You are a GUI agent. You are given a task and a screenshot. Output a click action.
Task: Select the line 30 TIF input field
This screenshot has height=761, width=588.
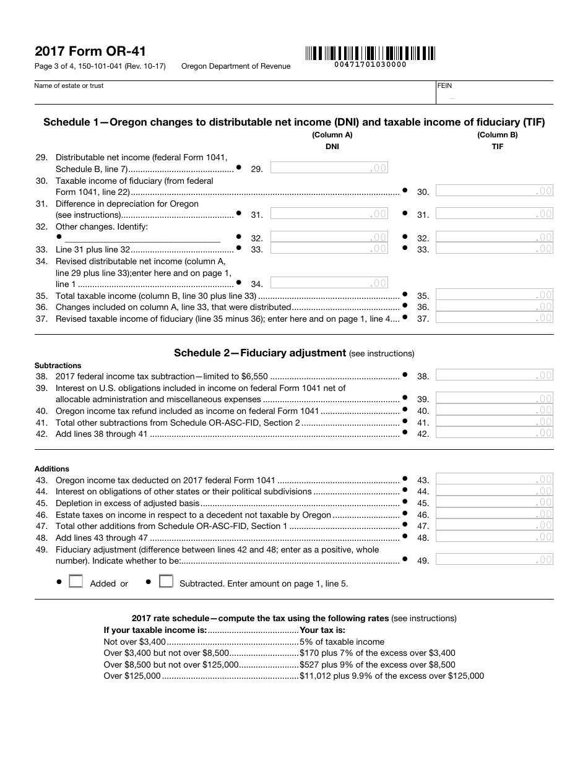point(494,191)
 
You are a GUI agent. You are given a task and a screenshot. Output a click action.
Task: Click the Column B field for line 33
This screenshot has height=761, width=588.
point(494,249)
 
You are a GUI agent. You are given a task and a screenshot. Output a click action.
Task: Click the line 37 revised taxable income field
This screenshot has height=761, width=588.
point(494,318)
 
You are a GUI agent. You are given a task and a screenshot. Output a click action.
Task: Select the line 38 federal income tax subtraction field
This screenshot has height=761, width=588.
point(494,375)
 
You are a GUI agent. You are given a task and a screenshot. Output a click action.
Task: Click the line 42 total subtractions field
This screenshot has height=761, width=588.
point(494,433)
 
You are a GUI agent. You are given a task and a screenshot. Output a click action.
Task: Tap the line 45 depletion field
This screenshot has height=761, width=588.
point(494,502)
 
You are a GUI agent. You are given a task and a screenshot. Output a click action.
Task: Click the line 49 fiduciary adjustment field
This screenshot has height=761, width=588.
point(494,560)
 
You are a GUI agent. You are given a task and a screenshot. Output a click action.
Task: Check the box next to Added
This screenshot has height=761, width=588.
point(76,582)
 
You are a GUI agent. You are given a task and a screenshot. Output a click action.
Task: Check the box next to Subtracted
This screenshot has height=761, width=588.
point(166,582)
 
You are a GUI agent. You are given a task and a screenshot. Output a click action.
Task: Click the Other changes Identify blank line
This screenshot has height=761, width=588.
point(142,238)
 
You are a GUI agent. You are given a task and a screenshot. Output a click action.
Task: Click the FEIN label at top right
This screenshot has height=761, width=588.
point(444,86)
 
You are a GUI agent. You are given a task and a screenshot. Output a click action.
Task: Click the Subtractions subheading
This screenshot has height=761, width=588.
point(58,366)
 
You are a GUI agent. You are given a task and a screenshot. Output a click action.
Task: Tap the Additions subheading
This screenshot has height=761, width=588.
point(52,469)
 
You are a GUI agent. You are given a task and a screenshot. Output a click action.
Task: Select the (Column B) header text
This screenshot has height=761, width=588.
point(497,135)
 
